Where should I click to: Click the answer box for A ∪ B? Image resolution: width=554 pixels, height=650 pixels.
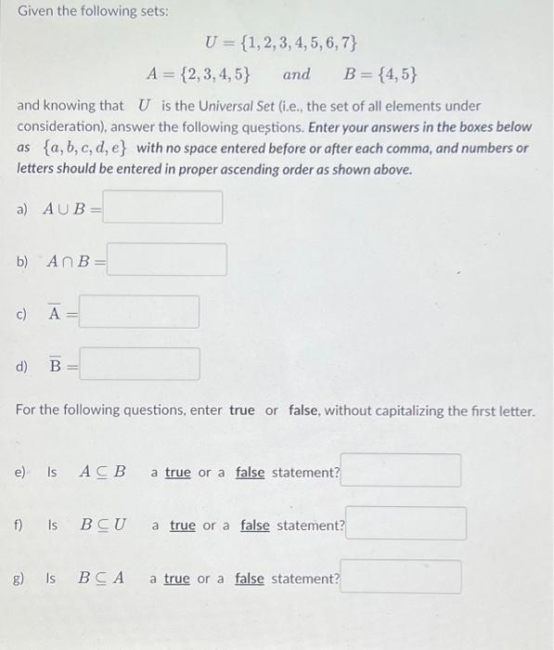tap(162, 208)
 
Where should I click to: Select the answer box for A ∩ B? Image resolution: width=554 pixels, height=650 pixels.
tap(167, 260)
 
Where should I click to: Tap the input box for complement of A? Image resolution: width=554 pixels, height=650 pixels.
tap(139, 313)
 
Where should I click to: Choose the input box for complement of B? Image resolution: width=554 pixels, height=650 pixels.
tap(139, 364)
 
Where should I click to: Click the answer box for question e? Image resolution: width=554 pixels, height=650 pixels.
tap(401, 471)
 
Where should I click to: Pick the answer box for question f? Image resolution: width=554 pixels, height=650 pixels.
tap(406, 524)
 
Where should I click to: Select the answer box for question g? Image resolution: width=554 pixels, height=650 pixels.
tap(401, 577)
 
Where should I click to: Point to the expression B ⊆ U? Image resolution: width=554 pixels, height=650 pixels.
tap(103, 525)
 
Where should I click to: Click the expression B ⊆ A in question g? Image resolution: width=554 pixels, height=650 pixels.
tap(102, 578)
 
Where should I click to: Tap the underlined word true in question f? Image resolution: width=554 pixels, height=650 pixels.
tap(183, 526)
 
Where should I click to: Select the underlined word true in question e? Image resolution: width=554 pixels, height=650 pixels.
tap(177, 473)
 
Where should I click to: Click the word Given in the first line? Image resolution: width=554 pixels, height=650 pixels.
tap(36, 12)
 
